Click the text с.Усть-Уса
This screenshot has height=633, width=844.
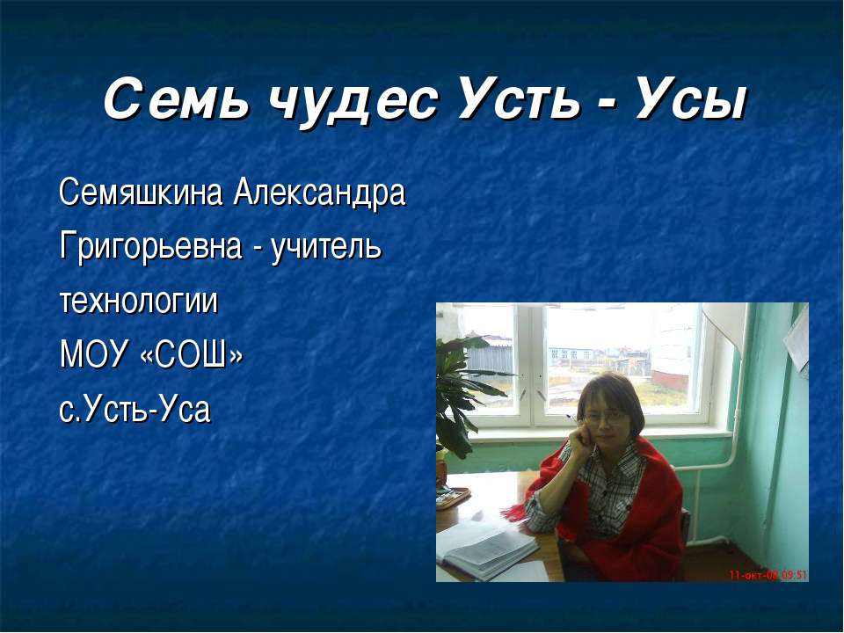135,410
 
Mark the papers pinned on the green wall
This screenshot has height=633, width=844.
799,343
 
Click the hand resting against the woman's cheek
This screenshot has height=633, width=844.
579,434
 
